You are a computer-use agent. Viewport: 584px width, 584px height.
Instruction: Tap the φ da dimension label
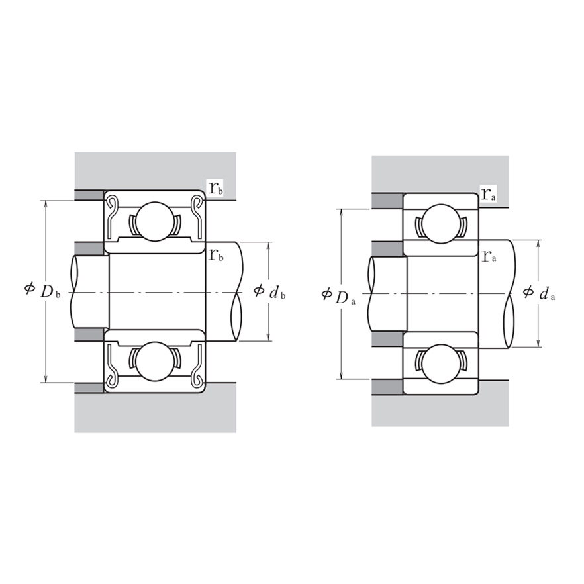click(x=539, y=293)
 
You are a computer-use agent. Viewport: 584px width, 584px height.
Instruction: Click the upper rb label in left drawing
click(x=216, y=188)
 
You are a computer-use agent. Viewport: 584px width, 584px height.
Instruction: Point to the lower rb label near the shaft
click(x=216, y=255)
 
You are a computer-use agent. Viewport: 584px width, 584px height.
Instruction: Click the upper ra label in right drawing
click(x=489, y=194)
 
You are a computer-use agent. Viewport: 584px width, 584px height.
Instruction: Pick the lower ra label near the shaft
click(x=489, y=256)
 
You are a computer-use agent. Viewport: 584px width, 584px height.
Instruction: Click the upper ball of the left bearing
click(x=154, y=221)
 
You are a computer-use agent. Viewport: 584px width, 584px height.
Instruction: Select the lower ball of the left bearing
click(x=154, y=362)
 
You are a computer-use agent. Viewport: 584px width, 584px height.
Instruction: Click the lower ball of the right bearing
click(x=440, y=364)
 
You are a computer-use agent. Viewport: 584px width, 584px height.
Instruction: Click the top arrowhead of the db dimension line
click(x=269, y=245)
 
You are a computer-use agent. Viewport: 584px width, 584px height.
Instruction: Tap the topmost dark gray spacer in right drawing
click(x=387, y=201)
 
